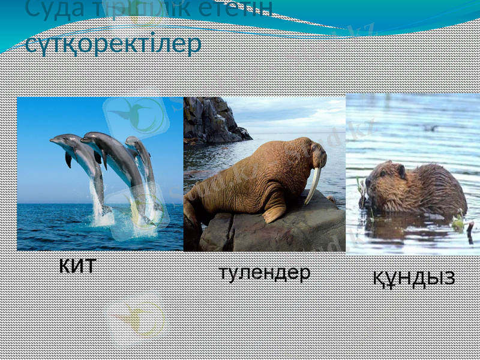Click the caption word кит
tap(77, 265)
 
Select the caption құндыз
tap(414, 278)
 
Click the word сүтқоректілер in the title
tap(113, 45)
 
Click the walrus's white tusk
tap(313, 185)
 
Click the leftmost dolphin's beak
tap(52, 141)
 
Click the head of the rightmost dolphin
tap(131, 142)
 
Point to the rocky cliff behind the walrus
tap(210, 120)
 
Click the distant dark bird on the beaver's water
tap(430, 128)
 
